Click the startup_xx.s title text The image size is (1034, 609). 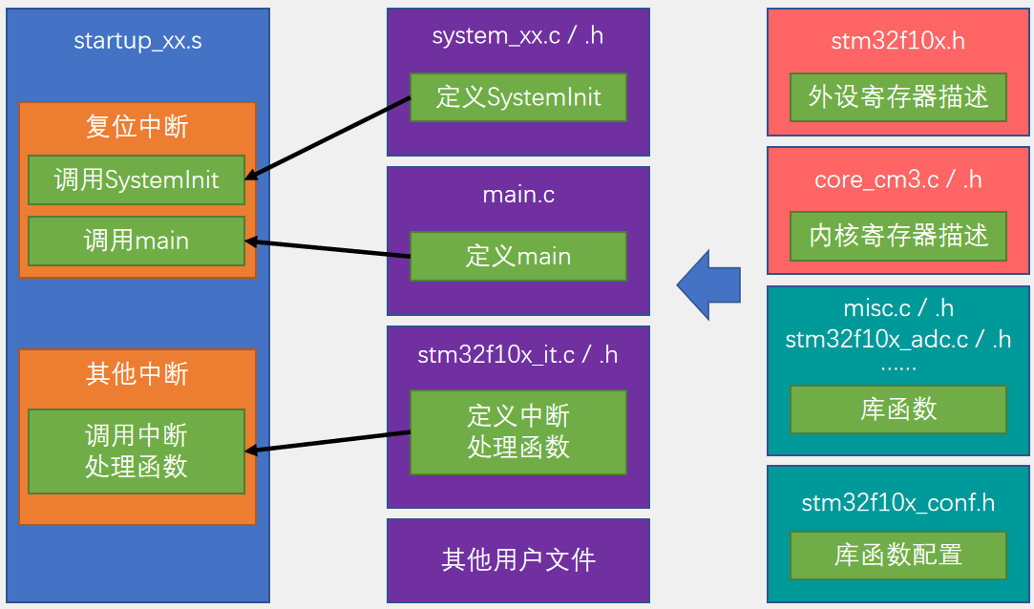137,41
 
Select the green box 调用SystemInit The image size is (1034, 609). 137,179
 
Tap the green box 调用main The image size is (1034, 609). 137,241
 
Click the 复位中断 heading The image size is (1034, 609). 137,126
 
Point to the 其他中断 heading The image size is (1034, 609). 137,374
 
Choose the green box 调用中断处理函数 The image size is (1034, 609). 137,451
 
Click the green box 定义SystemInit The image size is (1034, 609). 518,97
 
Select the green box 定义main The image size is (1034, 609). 518,256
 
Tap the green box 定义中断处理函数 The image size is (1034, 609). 518,431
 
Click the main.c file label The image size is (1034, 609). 518,195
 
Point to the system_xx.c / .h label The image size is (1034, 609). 518,36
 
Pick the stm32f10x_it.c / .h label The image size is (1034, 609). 518,355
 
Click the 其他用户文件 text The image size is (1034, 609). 518,559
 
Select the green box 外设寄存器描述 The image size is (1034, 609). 898,96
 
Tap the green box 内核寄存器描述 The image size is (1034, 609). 898,236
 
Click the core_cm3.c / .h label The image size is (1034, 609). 898,179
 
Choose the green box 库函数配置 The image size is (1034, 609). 898,555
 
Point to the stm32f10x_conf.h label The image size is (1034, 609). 898,502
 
